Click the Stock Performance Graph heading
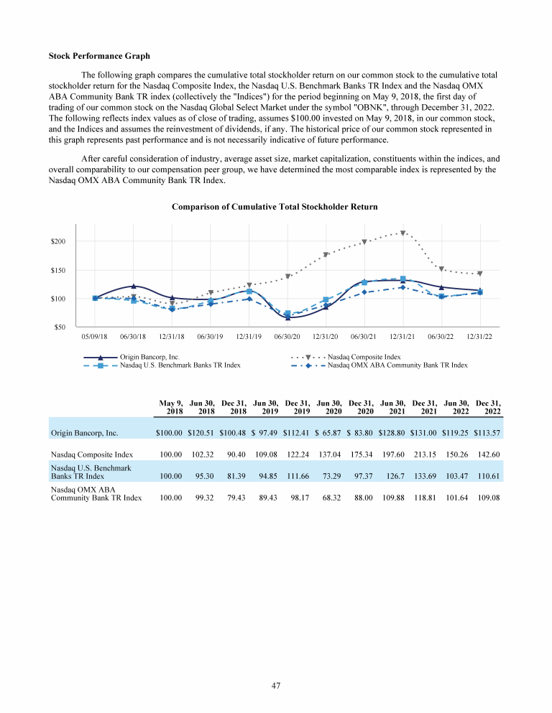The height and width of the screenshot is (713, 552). click(99, 55)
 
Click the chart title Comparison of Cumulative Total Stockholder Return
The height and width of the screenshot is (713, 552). click(275, 207)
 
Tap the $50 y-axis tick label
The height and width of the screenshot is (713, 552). click(61, 327)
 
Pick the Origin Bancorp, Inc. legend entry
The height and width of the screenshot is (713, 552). click(149, 356)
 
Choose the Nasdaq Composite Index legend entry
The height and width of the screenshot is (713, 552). click(364, 356)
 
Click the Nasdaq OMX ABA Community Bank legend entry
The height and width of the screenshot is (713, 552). click(397, 365)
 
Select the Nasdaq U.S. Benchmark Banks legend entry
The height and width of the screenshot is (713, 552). click(180, 365)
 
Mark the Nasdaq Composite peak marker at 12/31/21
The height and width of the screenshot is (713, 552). click(403, 233)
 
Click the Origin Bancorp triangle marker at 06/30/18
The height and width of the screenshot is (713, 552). click(134, 286)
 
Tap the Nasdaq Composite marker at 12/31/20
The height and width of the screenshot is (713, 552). click(326, 254)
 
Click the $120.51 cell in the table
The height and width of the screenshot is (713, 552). click(202, 433)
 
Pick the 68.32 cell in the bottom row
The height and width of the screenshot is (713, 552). click(331, 498)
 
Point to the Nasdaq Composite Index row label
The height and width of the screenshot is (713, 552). click(92, 454)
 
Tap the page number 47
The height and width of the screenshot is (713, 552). click(276, 686)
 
